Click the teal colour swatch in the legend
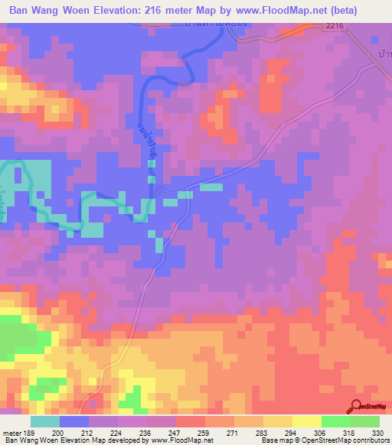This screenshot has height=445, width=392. [45, 421]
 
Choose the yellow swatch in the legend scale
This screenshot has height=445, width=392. [306, 421]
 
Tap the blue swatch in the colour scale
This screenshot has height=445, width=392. [74, 421]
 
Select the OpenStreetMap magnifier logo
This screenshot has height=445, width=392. [357, 407]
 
